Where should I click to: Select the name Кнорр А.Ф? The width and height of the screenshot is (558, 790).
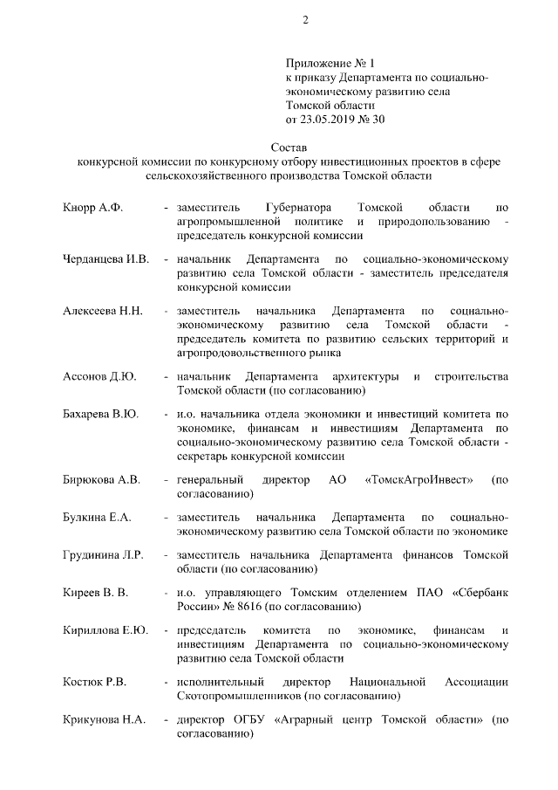click(x=93, y=209)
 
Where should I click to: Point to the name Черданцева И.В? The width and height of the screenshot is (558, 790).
click(x=106, y=259)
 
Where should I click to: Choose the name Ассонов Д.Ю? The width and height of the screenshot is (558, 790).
click(x=99, y=376)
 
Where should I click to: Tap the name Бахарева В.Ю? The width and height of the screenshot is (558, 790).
click(x=101, y=414)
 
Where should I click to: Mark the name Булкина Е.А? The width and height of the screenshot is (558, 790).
click(x=97, y=517)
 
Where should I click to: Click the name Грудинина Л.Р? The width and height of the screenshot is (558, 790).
click(x=103, y=554)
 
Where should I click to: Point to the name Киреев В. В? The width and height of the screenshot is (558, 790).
click(x=96, y=593)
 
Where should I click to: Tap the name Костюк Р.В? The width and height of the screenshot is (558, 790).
click(x=95, y=682)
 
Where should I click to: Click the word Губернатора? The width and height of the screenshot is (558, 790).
click(x=297, y=209)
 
